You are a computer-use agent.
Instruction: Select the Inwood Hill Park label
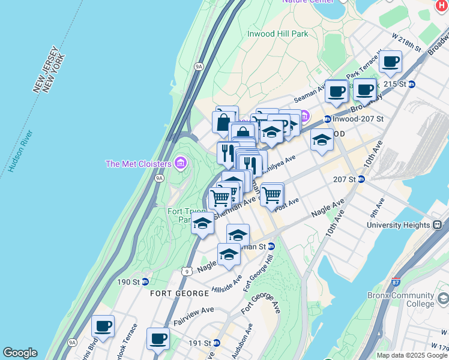pyautogui.click(x=277, y=34)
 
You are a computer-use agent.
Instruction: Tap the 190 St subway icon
pyautogui.click(x=145, y=282)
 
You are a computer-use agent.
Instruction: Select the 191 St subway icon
pyautogui.click(x=217, y=343)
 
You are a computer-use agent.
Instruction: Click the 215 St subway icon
pyautogui.click(x=411, y=84)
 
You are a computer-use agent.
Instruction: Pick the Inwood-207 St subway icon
pyautogui.click(x=327, y=119)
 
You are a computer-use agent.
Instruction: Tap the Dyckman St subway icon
pyautogui.click(x=271, y=246)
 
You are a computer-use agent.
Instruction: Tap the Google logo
pyautogui.click(x=19, y=353)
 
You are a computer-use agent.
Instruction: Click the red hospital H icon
pyautogui.click(x=442, y=4)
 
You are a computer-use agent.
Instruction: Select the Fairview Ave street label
pyautogui.click(x=194, y=311)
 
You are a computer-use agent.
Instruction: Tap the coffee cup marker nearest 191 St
pyautogui.click(x=158, y=339)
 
